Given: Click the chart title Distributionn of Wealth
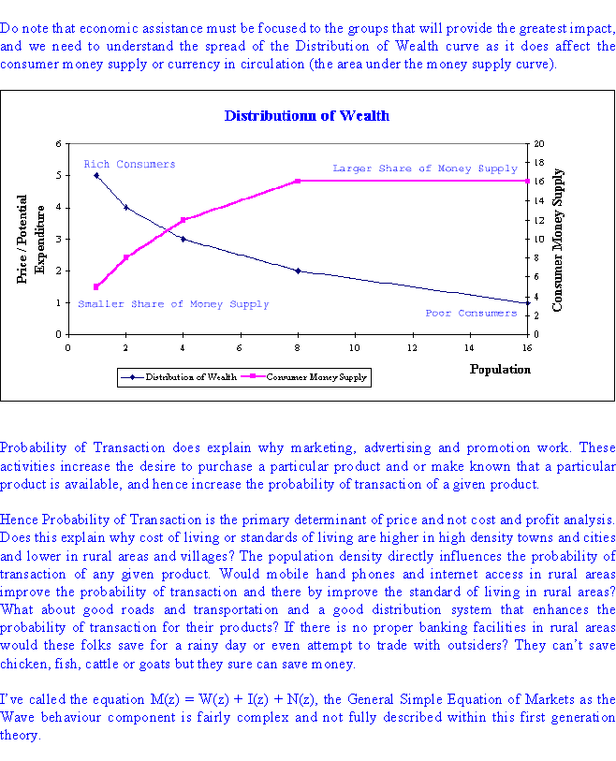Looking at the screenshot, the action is (307, 115).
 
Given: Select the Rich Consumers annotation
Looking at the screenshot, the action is (129, 164).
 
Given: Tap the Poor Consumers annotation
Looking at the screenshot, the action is (471, 313).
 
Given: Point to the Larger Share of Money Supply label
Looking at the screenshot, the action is (425, 168).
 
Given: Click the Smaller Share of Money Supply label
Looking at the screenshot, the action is (174, 304).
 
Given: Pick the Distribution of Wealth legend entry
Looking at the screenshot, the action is (179, 377).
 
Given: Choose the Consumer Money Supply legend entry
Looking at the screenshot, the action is (304, 377).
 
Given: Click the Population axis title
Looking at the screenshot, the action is (500, 370).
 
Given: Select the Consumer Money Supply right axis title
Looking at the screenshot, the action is (557, 240).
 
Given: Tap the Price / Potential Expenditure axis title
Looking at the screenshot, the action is (31, 240).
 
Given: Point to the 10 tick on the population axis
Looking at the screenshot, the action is (355, 348).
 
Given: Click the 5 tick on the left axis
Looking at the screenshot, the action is (59, 175).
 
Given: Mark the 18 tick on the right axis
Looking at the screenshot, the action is (539, 163).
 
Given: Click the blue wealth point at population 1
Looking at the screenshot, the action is (96, 176).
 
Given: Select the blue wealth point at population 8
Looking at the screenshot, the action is (298, 271).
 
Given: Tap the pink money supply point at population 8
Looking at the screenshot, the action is (298, 181).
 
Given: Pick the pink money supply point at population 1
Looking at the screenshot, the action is (96, 287).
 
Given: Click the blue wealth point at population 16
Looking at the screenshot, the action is (528, 303).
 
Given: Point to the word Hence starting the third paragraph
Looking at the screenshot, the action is (20, 520).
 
